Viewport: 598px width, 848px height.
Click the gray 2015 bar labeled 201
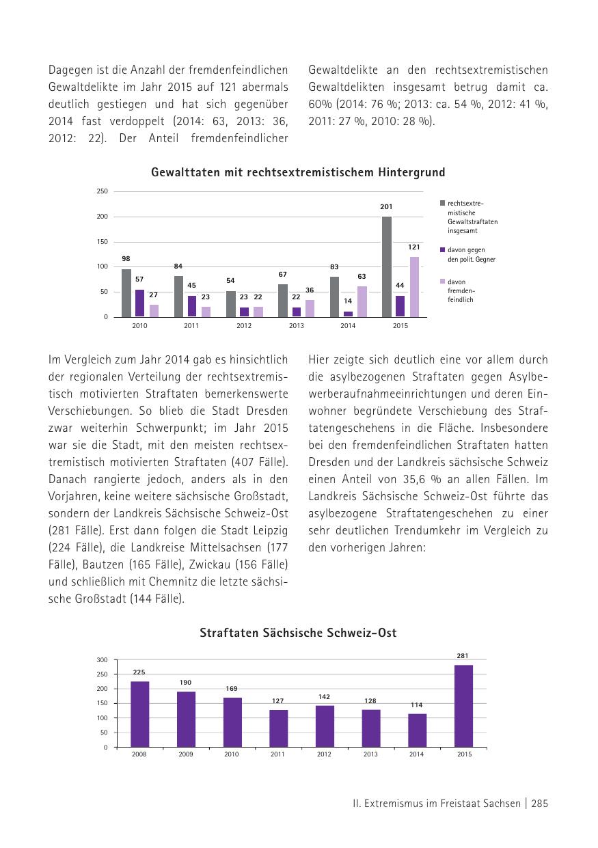coord(387,266)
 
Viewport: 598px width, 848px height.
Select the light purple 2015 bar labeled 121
coord(414,287)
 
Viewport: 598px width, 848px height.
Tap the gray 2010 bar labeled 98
coord(126,293)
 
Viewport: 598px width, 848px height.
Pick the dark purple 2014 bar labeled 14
coord(349,314)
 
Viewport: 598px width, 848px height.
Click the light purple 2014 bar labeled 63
coord(362,301)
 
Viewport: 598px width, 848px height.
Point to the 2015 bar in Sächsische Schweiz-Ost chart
coord(463,706)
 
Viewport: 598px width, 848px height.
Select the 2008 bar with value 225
coord(140,714)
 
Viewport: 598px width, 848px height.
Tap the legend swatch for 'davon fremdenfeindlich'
coord(443,282)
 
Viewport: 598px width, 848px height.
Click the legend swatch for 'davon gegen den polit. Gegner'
coord(443,249)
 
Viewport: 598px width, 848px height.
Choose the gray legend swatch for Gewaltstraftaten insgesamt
coord(443,203)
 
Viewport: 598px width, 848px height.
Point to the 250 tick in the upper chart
coord(102,191)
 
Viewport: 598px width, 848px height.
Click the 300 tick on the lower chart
coord(102,660)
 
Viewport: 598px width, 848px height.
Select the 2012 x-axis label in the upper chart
coord(243,326)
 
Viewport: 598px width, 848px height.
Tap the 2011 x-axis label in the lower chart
coord(277,754)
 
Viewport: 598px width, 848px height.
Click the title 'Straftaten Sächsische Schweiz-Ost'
coord(298,633)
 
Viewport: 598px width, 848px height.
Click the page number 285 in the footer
coord(539,804)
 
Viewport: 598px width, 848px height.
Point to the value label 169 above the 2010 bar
coord(232,689)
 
